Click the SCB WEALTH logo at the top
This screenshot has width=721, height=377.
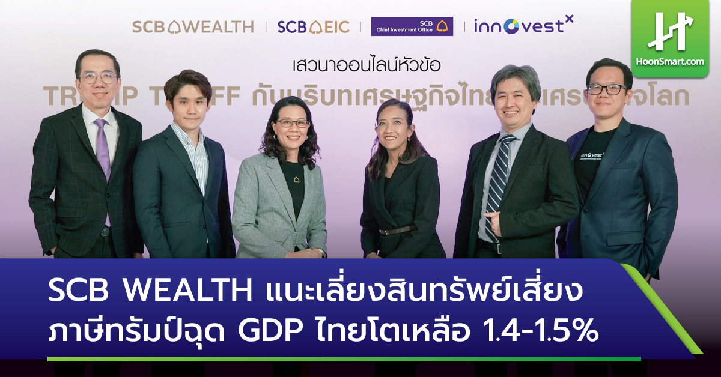193,27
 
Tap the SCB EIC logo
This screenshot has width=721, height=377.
314,27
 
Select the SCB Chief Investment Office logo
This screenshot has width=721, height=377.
412,26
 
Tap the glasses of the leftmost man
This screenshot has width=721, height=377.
99,77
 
